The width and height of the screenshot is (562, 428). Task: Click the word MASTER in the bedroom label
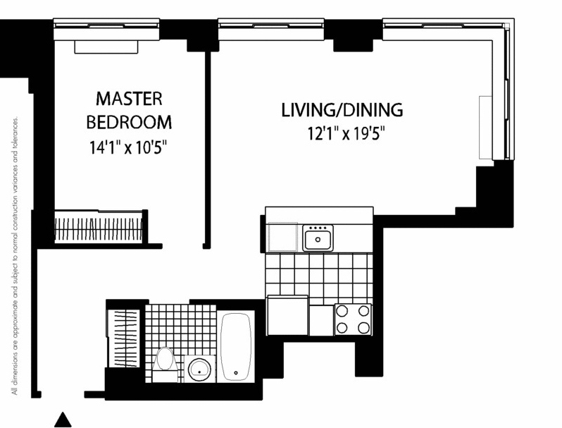click(129, 99)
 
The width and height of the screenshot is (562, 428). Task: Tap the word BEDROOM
click(129, 123)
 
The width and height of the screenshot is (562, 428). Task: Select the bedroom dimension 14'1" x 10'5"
click(128, 147)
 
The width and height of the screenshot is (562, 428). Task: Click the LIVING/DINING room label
click(342, 110)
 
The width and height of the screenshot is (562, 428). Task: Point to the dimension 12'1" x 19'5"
click(346, 134)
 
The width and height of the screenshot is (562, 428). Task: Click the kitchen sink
click(318, 238)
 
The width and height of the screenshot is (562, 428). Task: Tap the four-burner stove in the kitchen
click(353, 319)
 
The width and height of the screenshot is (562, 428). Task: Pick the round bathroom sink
click(199, 369)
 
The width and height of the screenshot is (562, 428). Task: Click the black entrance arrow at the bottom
click(63, 420)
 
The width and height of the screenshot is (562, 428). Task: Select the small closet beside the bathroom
click(124, 338)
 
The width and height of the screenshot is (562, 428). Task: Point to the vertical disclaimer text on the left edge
click(15, 255)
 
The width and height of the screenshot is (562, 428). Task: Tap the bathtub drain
click(236, 373)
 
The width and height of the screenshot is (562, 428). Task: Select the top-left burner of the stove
click(342, 311)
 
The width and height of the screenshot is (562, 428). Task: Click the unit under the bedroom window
click(106, 47)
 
